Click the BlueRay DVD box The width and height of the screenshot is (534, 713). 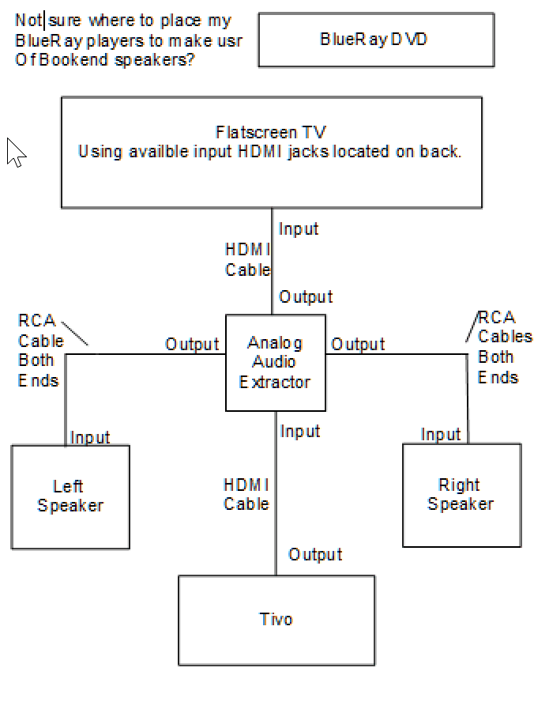coord(376,40)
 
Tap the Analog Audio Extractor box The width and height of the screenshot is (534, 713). coord(275,363)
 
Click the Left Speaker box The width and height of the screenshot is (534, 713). coord(70,496)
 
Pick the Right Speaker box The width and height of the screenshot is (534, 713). coord(461,495)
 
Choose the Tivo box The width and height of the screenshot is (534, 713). coord(276,620)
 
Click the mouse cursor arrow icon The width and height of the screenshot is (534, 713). coord(15,152)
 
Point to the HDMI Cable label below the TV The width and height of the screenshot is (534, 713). coord(247,260)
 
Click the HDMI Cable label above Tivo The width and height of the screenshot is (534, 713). coord(246,494)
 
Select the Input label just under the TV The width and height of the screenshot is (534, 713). coord(299,229)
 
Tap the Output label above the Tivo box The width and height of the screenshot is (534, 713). coord(315,554)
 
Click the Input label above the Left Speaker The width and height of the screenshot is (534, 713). coord(90,437)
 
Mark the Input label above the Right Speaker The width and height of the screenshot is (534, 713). coord(441,435)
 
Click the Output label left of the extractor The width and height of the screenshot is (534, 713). coord(192,345)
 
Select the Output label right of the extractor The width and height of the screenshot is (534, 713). coord(358,345)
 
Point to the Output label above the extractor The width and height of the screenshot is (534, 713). coord(306,297)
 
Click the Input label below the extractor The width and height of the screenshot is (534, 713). coord(300,432)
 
